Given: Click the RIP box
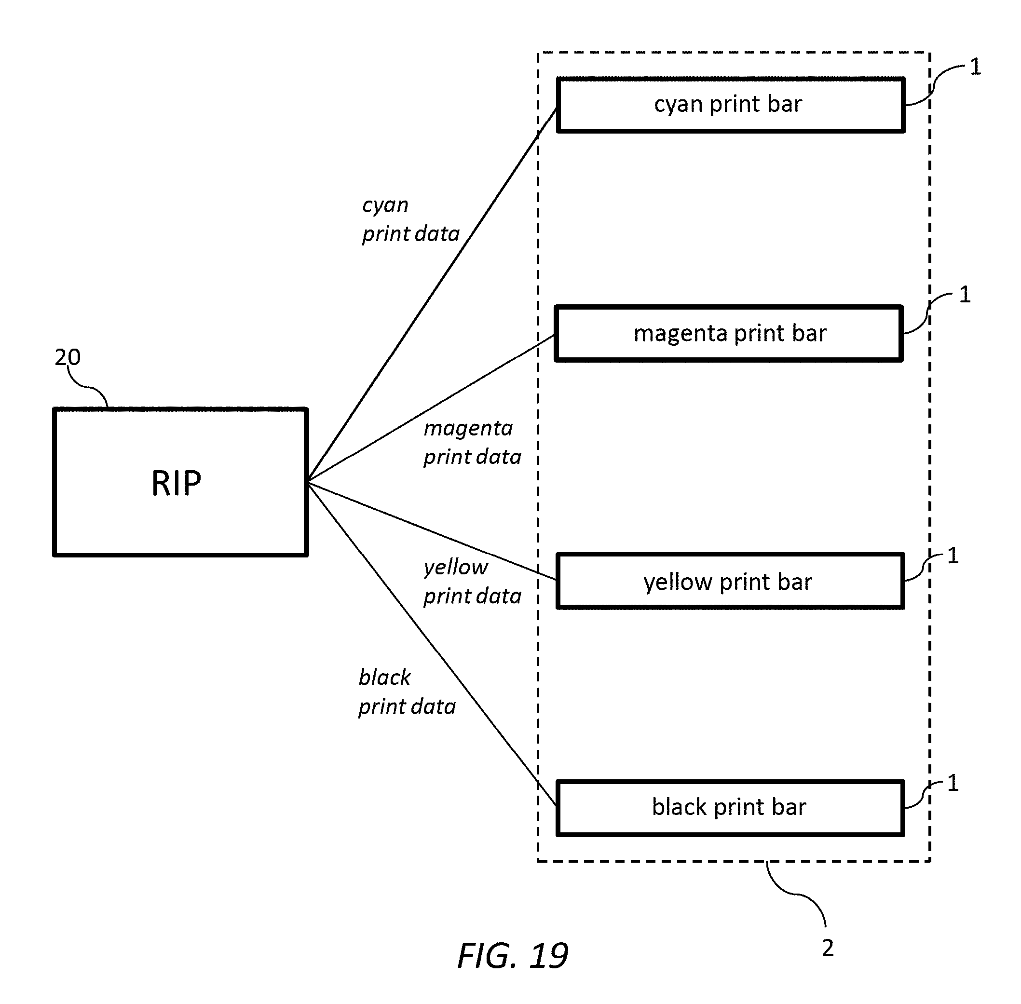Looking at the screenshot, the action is [x=180, y=481].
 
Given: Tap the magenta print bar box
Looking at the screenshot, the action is [x=729, y=333].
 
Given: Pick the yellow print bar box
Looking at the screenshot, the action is [x=730, y=581].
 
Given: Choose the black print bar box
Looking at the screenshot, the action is [x=730, y=808].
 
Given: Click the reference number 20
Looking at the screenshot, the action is [x=68, y=357].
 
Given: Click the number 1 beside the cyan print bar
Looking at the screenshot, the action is [x=975, y=67].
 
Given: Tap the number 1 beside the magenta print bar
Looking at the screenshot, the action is [x=965, y=295].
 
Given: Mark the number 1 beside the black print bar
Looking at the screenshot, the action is [x=953, y=783].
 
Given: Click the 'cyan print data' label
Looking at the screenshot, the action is [x=411, y=219].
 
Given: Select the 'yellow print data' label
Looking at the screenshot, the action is [x=473, y=582].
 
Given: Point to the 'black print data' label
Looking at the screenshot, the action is [x=407, y=692].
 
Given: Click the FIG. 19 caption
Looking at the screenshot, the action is [x=513, y=955].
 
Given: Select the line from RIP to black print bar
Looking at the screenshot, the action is [x=433, y=644].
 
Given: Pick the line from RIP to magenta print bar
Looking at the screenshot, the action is [x=431, y=408].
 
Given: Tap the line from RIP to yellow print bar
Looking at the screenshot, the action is [x=433, y=531].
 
